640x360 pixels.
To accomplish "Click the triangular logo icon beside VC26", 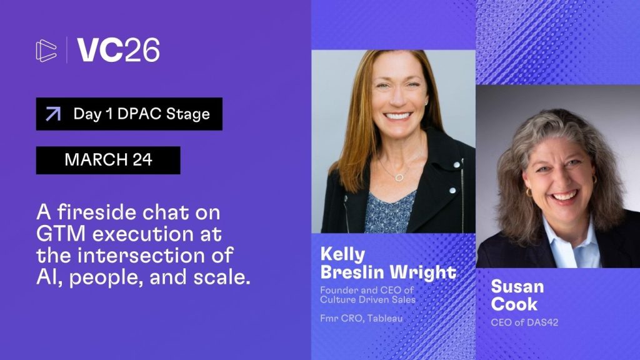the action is tap(46, 51).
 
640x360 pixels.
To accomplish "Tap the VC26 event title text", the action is tap(118, 50).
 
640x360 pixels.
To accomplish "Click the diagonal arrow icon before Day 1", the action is tap(54, 114).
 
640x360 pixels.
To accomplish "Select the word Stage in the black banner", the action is tap(187, 114).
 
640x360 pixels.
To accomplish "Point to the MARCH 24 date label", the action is tap(108, 159).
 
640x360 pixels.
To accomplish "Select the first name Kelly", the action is tap(342, 254).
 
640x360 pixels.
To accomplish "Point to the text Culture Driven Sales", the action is tap(367, 299).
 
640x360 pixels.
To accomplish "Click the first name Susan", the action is tap(517, 286).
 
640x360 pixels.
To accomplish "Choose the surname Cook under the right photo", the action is tap(514, 304).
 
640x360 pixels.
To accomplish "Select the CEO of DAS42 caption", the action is tap(524, 322).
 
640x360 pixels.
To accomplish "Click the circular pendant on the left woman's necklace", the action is tap(399, 177).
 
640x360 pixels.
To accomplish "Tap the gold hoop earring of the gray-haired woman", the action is tap(529, 192).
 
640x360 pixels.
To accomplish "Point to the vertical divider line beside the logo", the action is tap(67, 50).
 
